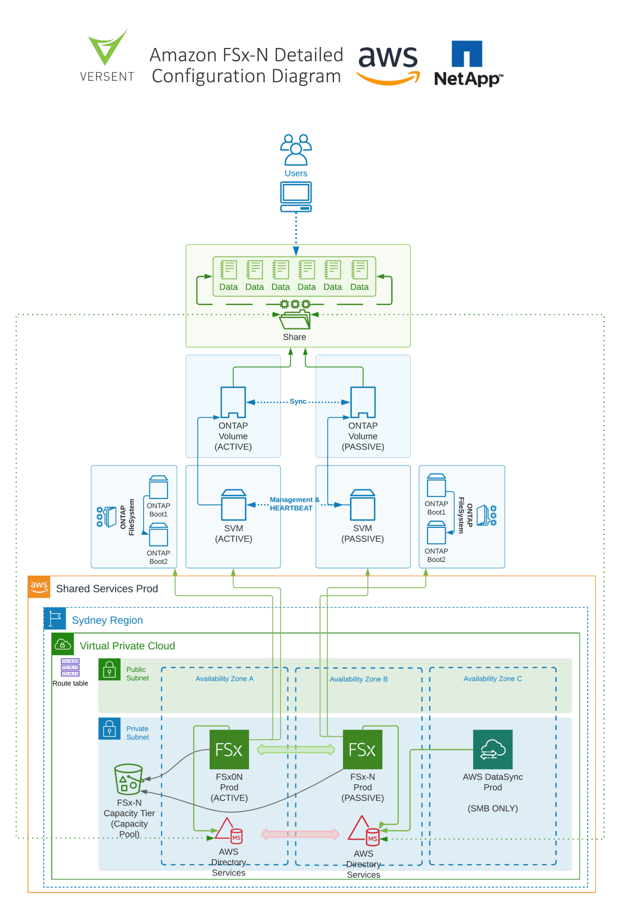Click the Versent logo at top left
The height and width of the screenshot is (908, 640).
tap(107, 55)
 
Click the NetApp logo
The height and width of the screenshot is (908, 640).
tap(468, 63)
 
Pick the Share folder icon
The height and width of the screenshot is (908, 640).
tap(294, 319)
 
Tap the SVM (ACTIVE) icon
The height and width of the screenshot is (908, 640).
tap(234, 505)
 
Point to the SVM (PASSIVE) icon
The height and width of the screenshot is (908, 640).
tap(363, 505)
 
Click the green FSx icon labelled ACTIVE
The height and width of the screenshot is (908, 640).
tap(229, 750)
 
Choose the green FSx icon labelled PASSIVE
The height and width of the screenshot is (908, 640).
tap(363, 750)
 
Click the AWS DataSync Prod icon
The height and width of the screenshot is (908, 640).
tap(493, 749)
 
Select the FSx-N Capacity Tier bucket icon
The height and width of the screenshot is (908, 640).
tap(128, 780)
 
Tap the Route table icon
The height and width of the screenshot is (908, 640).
tap(70, 668)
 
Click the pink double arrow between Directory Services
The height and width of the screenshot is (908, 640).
tap(300, 834)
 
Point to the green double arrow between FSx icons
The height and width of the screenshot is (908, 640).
tap(296, 750)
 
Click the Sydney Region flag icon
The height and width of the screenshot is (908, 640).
tap(55, 619)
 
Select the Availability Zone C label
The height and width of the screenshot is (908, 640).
tap(493, 679)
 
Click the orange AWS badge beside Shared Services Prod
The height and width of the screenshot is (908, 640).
tap(39, 586)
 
